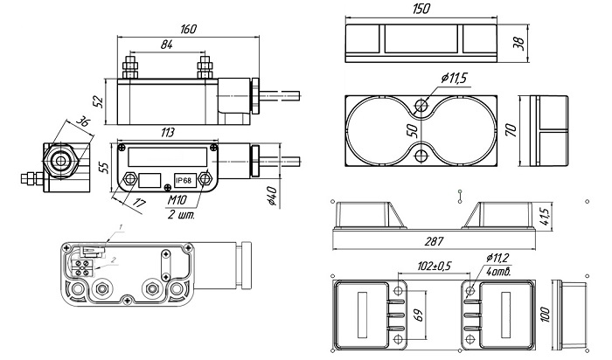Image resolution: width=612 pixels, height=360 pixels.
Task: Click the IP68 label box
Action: coord(184,181)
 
